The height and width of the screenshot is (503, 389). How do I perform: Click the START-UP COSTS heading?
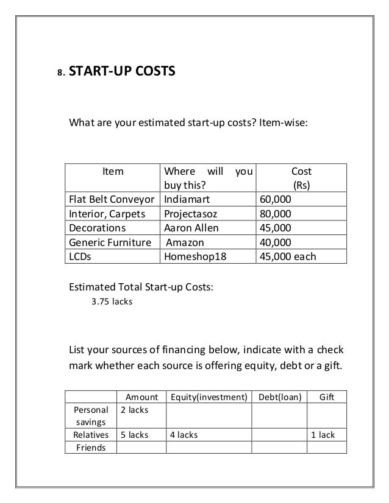123,71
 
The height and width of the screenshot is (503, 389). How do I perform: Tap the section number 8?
60,73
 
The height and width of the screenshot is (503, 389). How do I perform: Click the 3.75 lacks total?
111,300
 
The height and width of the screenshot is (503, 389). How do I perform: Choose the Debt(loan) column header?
280,397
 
